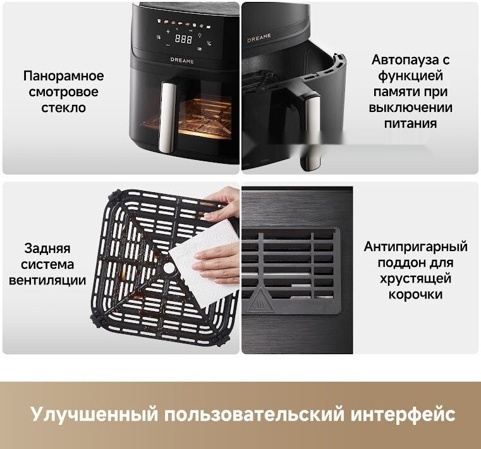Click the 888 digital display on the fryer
(183, 39)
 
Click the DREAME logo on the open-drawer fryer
(259, 37)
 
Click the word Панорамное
(64, 77)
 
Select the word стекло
(64, 108)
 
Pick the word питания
(410, 123)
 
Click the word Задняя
(47, 249)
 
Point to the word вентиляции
(47, 280)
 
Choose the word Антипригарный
(415, 247)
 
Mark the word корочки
(415, 294)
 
